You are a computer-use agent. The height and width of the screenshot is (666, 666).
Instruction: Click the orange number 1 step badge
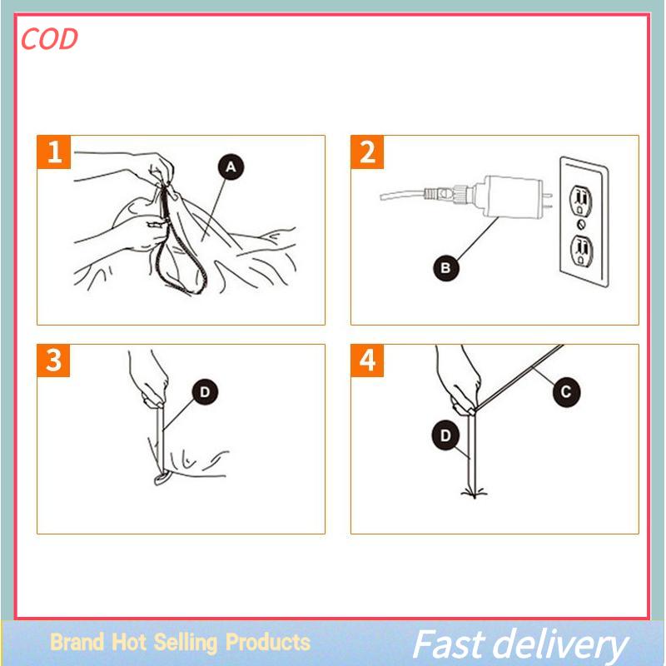53,152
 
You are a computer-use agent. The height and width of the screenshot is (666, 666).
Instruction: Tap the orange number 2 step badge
367,152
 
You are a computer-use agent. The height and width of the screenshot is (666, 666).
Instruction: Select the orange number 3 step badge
53,360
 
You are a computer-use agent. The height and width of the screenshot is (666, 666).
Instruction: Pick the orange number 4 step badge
367,360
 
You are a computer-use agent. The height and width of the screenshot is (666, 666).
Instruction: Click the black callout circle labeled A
231,167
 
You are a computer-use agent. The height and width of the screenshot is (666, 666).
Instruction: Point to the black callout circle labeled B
446,268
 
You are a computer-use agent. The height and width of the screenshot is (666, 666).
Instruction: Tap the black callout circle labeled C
566,391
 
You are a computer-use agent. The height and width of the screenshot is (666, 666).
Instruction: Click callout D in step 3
205,392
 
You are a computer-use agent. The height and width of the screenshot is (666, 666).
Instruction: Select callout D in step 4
445,435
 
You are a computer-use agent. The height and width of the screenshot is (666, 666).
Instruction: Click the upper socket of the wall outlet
581,201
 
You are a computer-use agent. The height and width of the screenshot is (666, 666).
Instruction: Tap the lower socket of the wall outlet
580,251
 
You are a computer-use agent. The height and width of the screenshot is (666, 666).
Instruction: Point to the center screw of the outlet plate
581,224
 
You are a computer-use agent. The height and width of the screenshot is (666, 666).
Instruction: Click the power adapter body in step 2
509,196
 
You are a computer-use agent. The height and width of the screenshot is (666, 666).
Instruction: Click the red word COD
49,39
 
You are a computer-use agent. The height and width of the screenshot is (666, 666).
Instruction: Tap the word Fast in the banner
449,644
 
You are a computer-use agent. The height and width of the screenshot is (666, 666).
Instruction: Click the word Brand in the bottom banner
77,641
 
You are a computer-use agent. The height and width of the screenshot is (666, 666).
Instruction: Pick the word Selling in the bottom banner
185,643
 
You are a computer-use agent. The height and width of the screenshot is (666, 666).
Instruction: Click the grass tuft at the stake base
474,493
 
